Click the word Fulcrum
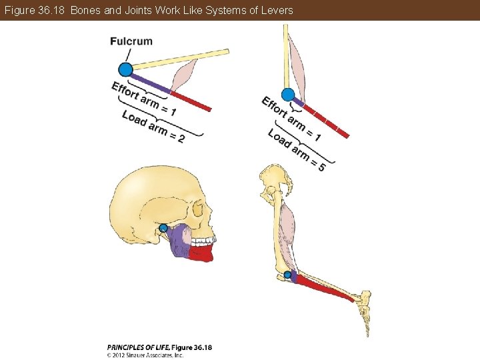click(131, 41)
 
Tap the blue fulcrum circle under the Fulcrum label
click(125, 69)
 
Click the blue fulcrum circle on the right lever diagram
click(288, 95)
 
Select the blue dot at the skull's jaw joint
click(163, 228)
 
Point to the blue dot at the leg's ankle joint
click(287, 274)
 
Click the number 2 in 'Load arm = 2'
click(181, 139)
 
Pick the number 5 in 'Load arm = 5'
click(321, 167)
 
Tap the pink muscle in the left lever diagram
click(183, 75)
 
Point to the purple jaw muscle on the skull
click(179, 241)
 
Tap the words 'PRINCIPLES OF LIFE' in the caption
click(137, 347)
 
